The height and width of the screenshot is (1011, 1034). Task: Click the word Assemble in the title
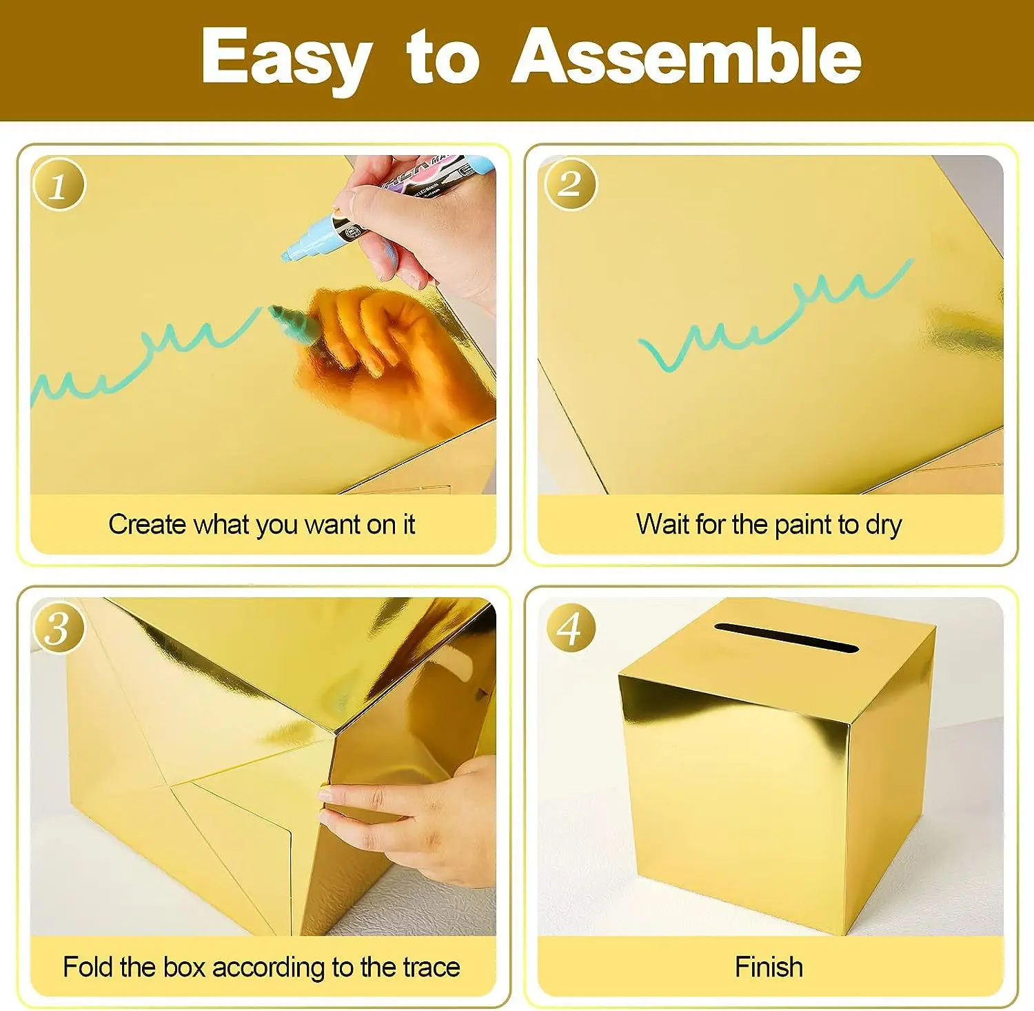click(686, 57)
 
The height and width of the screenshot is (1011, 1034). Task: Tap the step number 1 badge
click(59, 185)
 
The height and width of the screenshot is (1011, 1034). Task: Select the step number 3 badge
click(58, 628)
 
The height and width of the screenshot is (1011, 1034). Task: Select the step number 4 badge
click(569, 628)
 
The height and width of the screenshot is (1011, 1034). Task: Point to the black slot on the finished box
click(786, 638)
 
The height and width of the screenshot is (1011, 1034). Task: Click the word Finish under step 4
click(769, 967)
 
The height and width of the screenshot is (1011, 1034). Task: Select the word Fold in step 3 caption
click(88, 967)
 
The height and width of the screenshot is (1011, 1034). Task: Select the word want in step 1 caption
click(332, 525)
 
